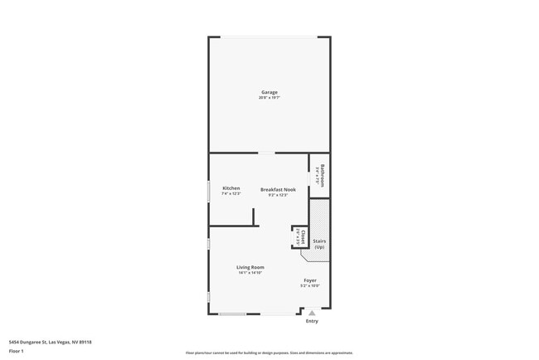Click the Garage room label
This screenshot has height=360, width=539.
click(x=269, y=92)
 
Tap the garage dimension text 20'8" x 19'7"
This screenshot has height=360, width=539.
click(x=269, y=98)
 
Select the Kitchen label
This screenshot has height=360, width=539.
click(x=231, y=188)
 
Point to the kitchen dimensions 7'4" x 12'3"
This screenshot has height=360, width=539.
click(x=231, y=194)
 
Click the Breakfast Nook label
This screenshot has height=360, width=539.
click(x=278, y=189)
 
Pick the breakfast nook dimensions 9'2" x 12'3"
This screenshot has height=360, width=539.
click(x=278, y=195)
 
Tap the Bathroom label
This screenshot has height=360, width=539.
click(x=323, y=175)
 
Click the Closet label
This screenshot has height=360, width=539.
click(x=303, y=237)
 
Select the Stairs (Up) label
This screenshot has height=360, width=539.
click(x=319, y=244)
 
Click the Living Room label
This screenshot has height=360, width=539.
click(x=250, y=267)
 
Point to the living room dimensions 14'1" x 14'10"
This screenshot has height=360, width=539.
click(x=250, y=273)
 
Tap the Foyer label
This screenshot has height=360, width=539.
click(x=309, y=280)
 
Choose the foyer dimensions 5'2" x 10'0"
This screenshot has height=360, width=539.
click(x=309, y=286)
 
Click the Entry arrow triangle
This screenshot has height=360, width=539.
click(x=312, y=313)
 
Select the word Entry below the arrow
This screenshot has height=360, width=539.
click(x=312, y=321)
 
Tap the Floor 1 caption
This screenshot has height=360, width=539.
click(x=17, y=351)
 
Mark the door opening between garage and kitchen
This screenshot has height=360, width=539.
click(x=266, y=153)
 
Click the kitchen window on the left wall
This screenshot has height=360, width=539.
click(x=208, y=192)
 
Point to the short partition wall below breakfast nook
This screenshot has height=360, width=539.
click(x=254, y=216)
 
